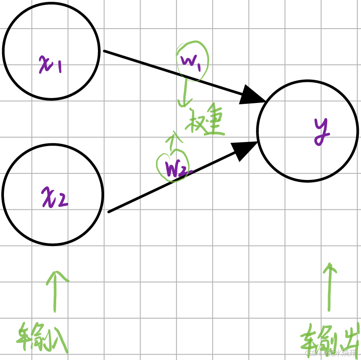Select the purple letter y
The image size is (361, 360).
tap(322, 132)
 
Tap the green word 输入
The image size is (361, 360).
tap(43, 337)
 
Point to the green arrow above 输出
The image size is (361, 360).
tap(329, 286)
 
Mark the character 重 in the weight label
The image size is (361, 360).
tap(215, 123)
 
